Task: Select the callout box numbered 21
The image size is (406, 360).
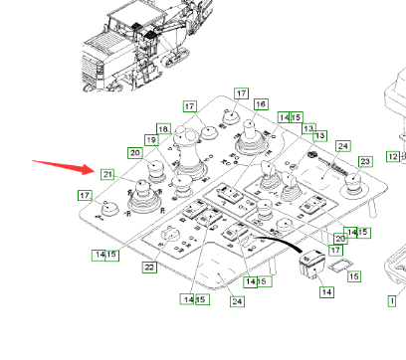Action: point(107,174)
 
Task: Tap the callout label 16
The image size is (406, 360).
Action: point(261,104)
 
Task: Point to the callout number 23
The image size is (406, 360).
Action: point(364,161)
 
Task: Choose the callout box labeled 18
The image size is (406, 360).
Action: point(163,129)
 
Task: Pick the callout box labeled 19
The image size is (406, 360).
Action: point(152,140)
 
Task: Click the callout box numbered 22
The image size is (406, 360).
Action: point(149,267)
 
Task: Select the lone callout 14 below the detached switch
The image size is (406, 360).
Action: point(326,294)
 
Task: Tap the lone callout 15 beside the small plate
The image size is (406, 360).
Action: point(353,275)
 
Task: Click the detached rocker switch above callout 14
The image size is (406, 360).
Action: point(311,263)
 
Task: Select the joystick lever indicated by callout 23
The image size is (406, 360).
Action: point(351,180)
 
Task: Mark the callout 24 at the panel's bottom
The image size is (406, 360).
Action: point(236,301)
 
